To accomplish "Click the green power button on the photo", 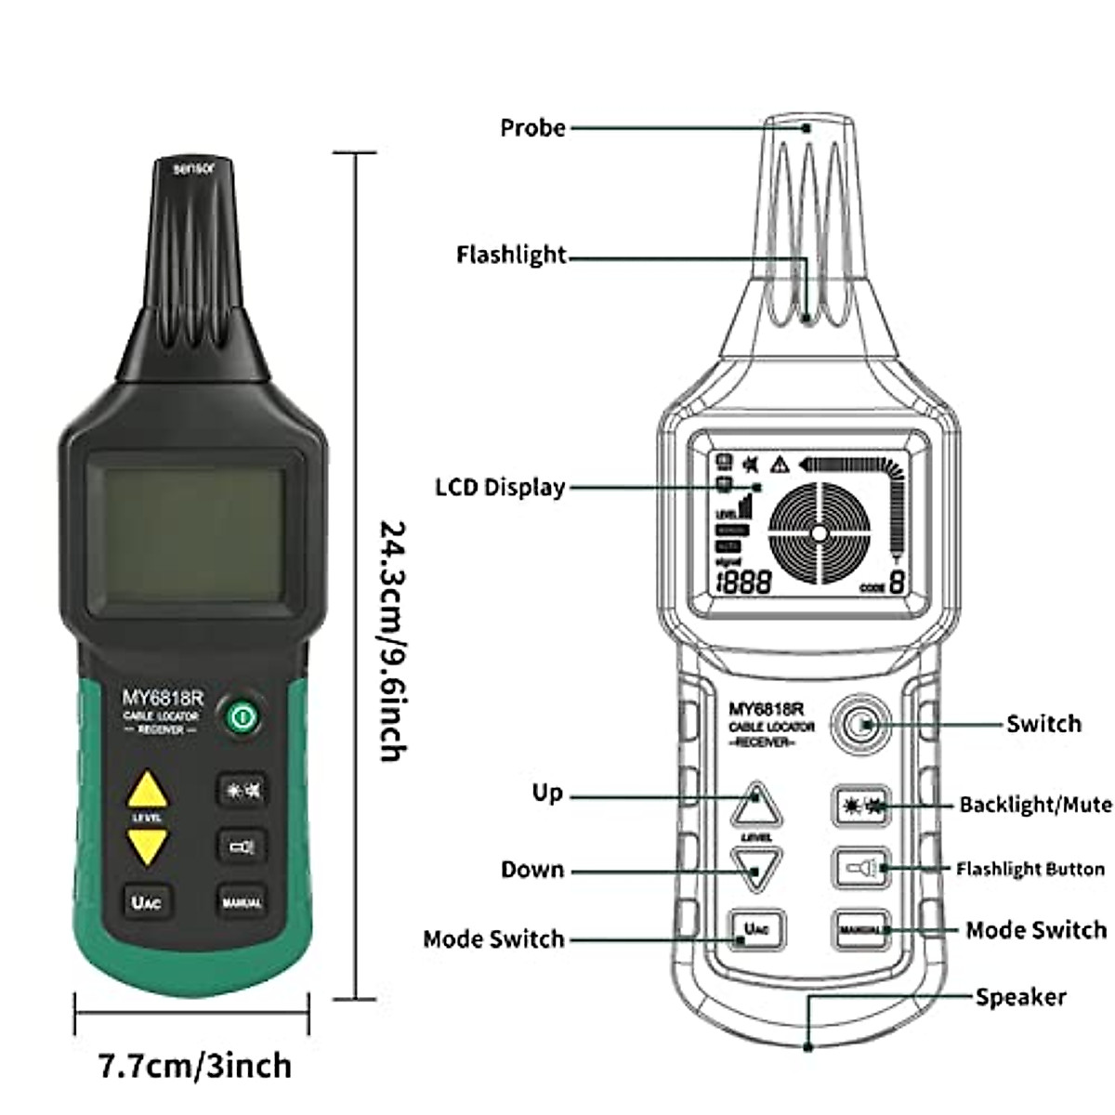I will coord(241,715).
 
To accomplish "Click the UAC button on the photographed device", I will coord(148,900).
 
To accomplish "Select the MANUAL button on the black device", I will coord(241,900).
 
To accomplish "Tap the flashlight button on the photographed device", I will coord(241,846).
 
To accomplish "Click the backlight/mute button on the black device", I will coord(241,791).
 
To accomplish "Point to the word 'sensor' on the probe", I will coord(194,169).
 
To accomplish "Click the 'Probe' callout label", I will coord(532,128).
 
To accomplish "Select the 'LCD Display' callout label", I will coord(500,487).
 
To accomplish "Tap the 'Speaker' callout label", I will coord(1020,997).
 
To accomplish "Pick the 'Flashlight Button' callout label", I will coord(1030,870).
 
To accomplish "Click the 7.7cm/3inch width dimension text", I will coord(195,1065).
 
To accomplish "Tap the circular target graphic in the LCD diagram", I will coord(818,532).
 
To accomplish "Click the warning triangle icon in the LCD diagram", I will coord(779,464).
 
